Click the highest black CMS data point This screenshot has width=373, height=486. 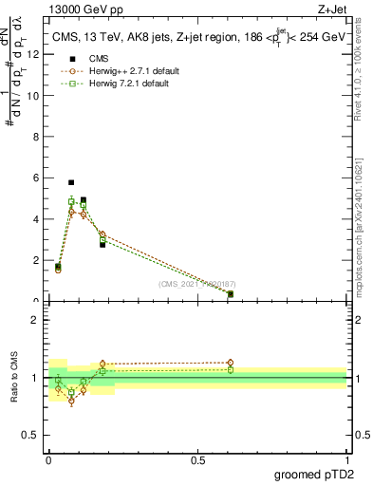pos(71,182)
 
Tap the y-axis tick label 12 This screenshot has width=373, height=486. pos(34,54)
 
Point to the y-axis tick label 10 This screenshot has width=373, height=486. pos(34,95)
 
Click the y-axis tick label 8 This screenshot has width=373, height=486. pos(37,137)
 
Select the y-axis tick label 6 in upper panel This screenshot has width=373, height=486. pos(37,178)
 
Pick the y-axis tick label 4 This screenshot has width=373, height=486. pos(37,219)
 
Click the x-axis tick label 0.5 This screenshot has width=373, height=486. pos(197,459)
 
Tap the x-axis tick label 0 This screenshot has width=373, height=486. pos(48,459)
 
